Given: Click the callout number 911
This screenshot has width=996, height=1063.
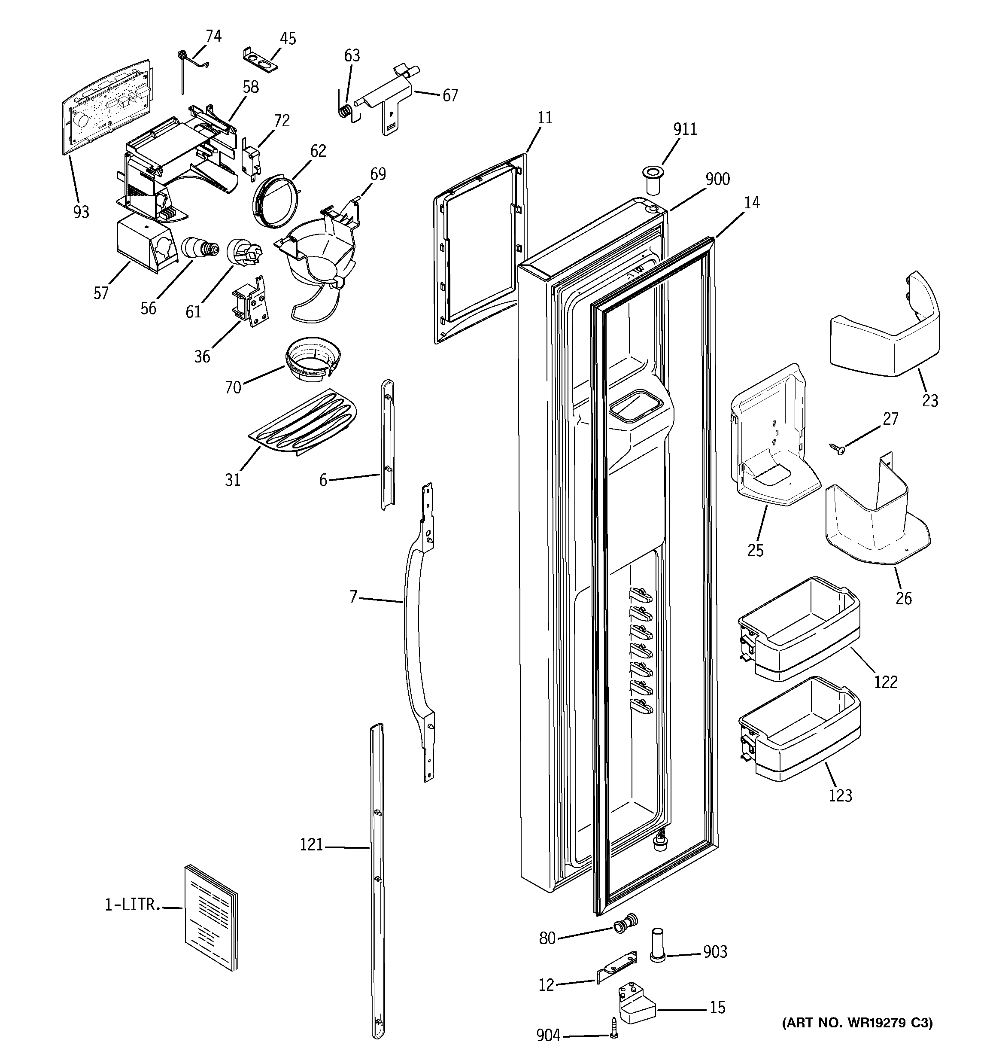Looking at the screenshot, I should tap(685, 129).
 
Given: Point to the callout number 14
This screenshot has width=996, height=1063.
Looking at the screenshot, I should tap(751, 203).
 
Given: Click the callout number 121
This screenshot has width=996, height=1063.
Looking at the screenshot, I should tap(311, 845).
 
